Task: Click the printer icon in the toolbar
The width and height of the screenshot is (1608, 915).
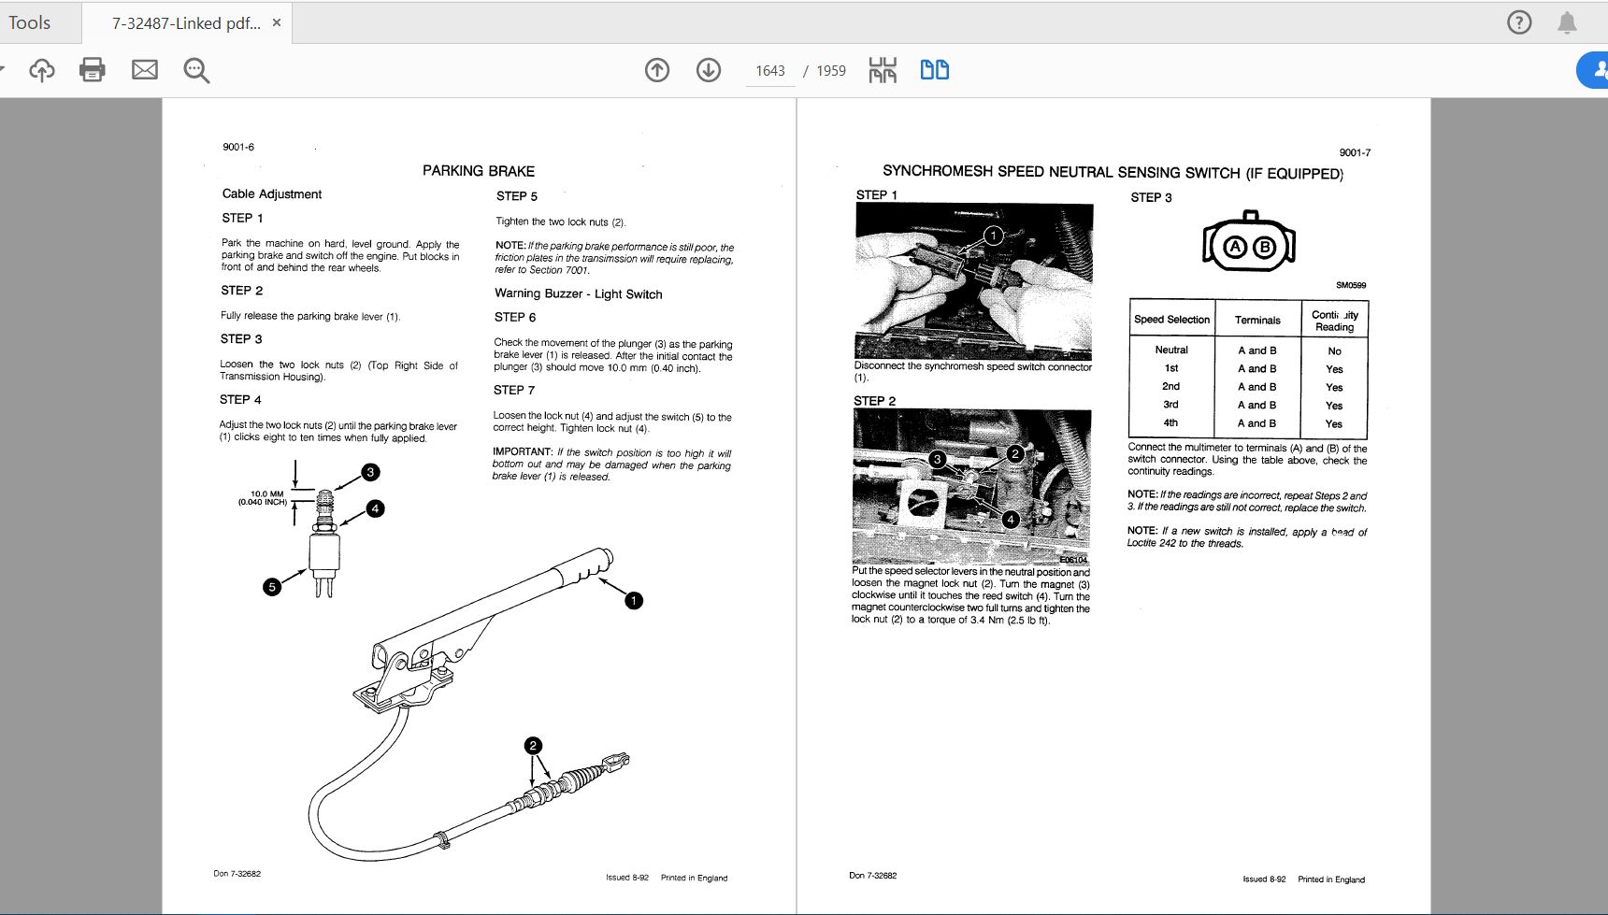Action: [93, 70]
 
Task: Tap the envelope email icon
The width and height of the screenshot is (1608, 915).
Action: [145, 70]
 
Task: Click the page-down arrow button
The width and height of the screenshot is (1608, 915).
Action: [709, 70]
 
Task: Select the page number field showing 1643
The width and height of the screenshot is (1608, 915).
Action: [769, 71]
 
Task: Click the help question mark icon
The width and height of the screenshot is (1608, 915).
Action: [1519, 22]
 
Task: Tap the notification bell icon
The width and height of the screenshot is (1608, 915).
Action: [1567, 22]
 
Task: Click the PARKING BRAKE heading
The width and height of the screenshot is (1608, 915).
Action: [479, 171]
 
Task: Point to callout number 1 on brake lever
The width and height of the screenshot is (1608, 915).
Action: [634, 600]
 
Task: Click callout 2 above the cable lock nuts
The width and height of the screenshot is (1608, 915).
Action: [533, 745]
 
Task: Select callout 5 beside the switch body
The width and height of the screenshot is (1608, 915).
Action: [272, 587]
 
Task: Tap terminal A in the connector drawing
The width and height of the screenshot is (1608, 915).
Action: [1236, 247]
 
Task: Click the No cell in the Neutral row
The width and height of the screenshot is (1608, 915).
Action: [1334, 351]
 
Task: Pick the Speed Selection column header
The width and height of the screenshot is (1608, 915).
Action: [1171, 320]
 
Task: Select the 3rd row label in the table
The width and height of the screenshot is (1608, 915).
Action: [1170, 405]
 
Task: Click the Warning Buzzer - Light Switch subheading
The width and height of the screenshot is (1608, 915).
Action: [578, 293]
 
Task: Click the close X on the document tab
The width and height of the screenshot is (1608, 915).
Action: [277, 22]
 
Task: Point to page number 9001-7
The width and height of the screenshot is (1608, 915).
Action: [1355, 152]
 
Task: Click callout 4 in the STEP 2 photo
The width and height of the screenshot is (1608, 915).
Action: [1010, 519]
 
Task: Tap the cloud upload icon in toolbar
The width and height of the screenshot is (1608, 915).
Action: [42, 70]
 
